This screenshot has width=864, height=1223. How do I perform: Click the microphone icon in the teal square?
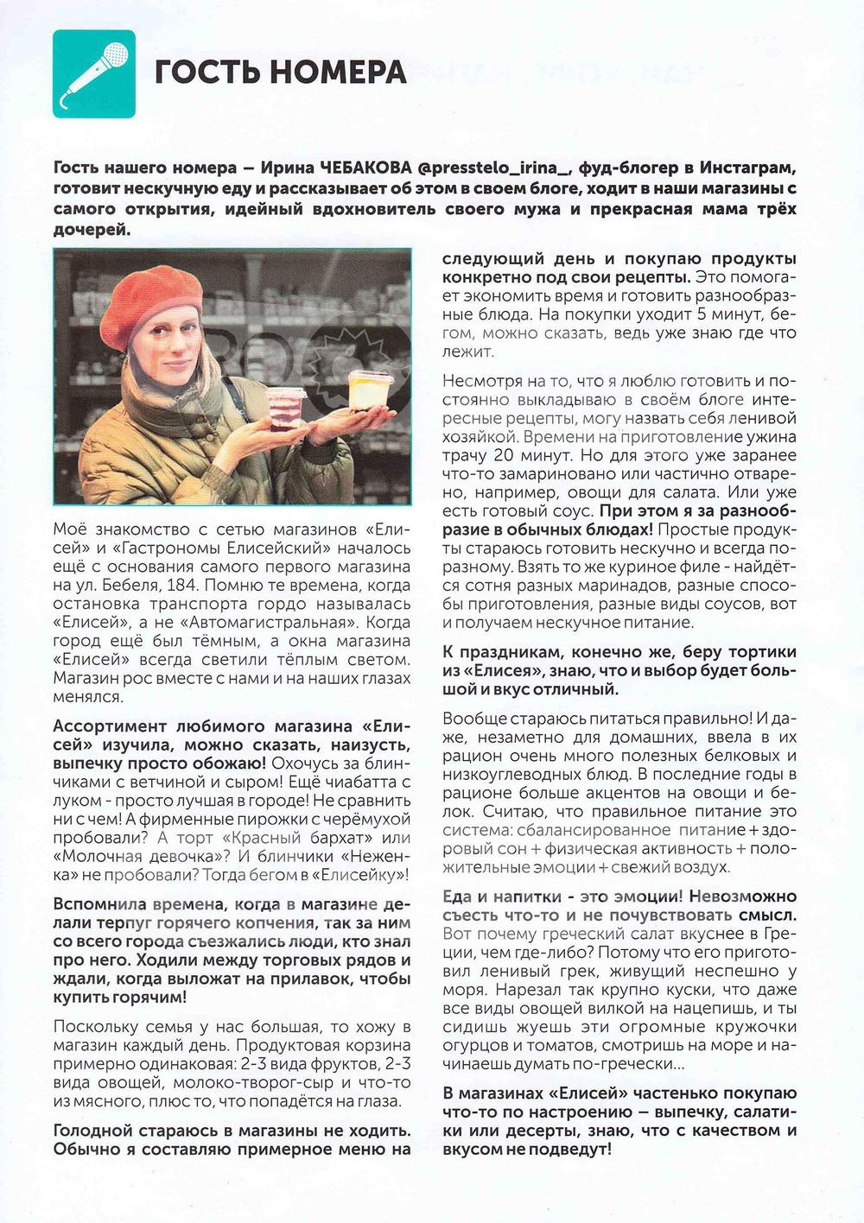(x=94, y=73)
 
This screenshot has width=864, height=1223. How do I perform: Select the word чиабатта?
(x=351, y=782)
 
